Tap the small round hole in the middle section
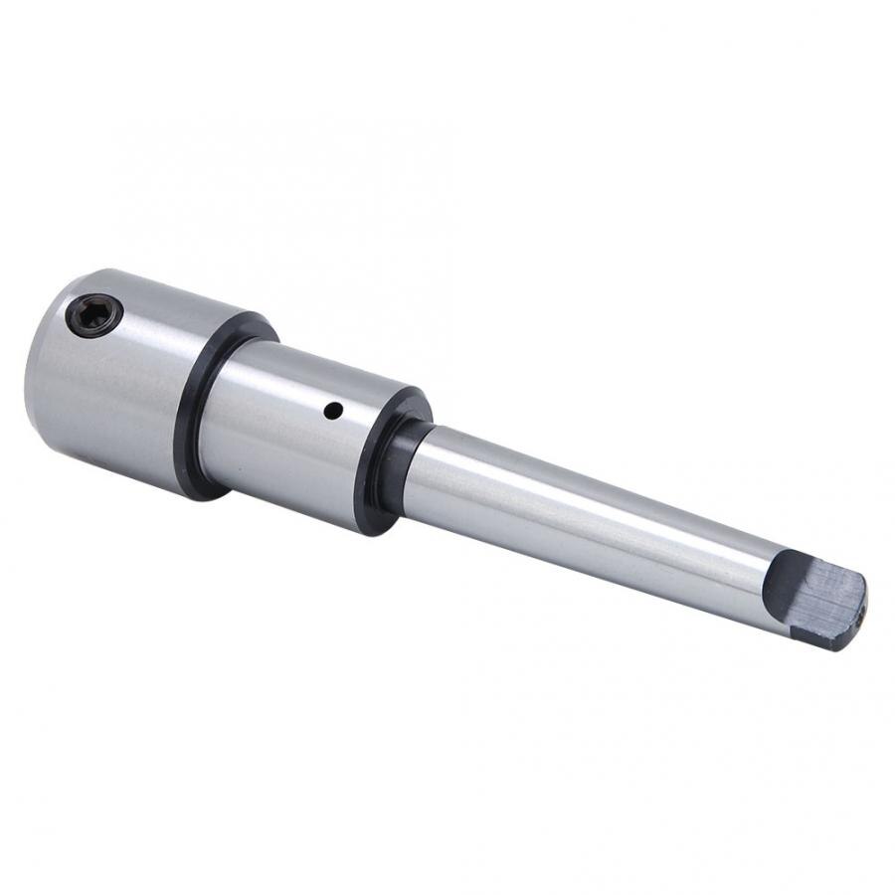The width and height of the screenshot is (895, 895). coord(335,409)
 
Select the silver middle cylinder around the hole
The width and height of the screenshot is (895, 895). coord(298,428)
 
